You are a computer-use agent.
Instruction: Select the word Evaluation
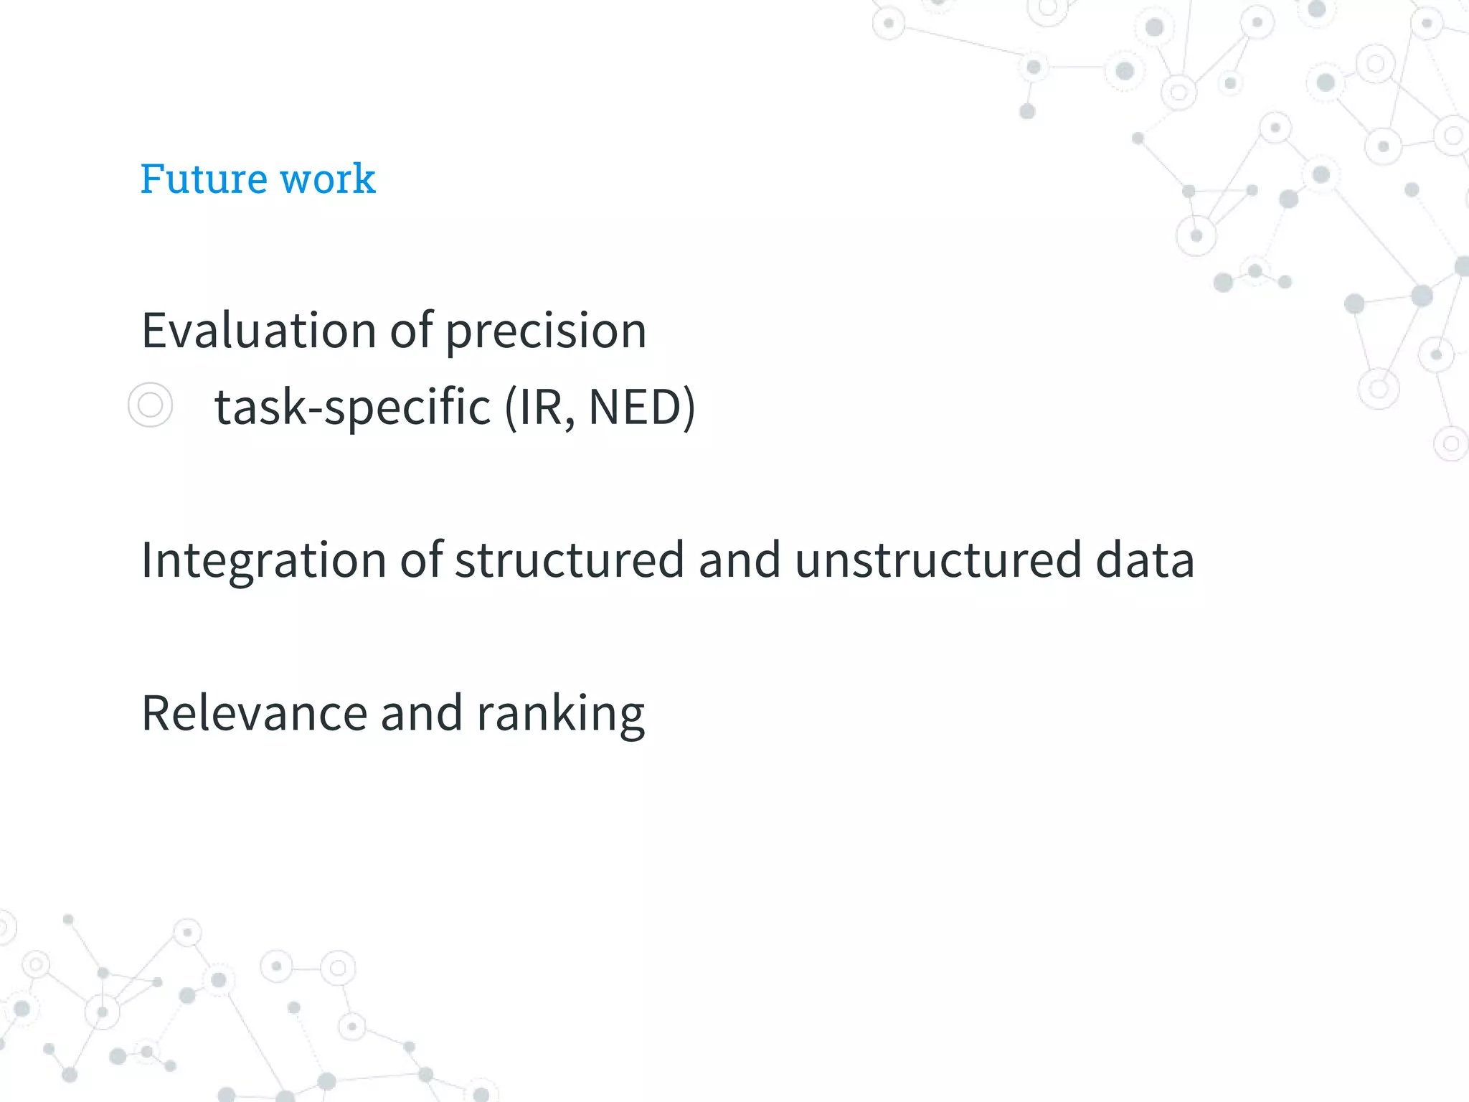[258, 331]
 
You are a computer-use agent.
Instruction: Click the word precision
[546, 332]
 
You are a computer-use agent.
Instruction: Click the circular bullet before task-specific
[150, 405]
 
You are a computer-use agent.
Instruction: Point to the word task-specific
[352, 408]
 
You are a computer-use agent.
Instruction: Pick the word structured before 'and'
[570, 560]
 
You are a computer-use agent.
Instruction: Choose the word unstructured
[937, 560]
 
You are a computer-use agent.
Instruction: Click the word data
[1145, 560]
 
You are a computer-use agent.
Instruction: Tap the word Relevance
[255, 713]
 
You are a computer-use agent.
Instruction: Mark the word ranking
[560, 715]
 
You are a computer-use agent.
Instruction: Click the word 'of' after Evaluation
[411, 331]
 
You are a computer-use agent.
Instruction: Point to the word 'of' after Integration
[421, 560]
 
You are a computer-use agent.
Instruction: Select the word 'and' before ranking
[421, 713]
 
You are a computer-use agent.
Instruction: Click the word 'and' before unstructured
[739, 560]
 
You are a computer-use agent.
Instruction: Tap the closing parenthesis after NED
[689, 407]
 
